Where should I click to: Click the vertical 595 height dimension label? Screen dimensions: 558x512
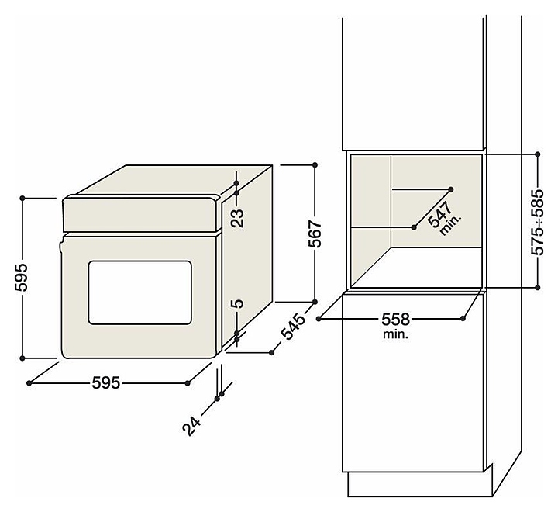(22, 278)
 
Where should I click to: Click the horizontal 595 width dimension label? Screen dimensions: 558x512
(106, 383)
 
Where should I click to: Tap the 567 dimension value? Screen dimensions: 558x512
(315, 234)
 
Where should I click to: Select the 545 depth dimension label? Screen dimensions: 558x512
(293, 327)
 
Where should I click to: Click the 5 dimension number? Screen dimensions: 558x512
(237, 303)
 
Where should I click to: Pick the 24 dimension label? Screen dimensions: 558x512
(191, 426)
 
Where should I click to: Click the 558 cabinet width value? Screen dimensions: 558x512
(396, 320)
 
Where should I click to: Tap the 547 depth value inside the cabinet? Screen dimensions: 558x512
(440, 214)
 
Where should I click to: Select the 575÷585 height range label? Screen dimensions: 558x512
(537, 222)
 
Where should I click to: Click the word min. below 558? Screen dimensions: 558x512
(396, 334)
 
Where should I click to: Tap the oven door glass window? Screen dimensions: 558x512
(139, 292)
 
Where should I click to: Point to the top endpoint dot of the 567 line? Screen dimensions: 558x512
(315, 165)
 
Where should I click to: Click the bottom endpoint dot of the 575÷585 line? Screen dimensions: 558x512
(538, 287)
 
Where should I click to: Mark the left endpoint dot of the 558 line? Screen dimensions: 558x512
(319, 319)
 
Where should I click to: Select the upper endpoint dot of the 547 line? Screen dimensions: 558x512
(451, 189)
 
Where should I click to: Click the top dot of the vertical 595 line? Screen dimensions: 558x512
(22, 198)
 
